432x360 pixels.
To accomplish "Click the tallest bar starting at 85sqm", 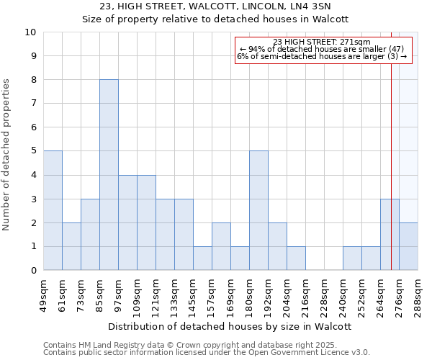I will (x=109, y=175).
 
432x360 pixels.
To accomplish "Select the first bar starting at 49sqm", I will (x=53, y=210).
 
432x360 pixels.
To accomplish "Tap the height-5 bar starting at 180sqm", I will (x=258, y=210).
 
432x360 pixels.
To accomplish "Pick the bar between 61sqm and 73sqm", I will (x=71, y=246).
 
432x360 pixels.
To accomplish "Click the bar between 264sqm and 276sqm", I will (x=390, y=235).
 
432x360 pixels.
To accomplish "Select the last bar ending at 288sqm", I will (x=408, y=246).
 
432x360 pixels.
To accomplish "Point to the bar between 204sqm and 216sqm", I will (x=296, y=258).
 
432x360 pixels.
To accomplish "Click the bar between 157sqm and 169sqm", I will (x=221, y=246).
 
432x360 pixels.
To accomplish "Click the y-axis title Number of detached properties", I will (x=7, y=155).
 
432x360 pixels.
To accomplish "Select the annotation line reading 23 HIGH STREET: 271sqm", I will (x=322, y=42).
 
